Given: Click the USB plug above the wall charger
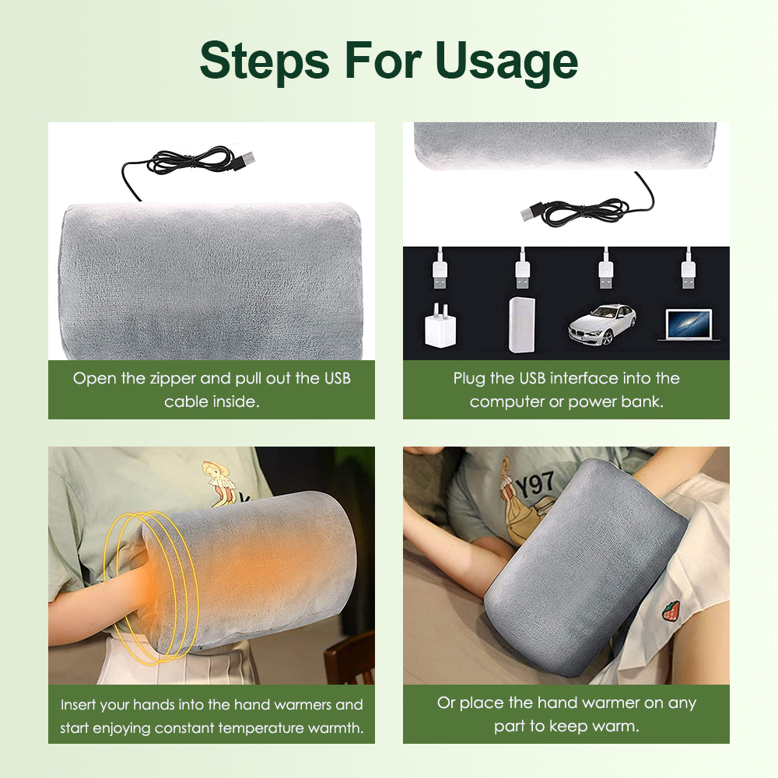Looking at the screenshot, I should pyautogui.click(x=440, y=271).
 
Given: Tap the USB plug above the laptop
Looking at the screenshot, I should pyautogui.click(x=687, y=271).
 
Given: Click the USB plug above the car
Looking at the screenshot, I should pyautogui.click(x=605, y=271).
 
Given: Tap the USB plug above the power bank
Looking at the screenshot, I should pyautogui.click(x=522, y=271).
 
